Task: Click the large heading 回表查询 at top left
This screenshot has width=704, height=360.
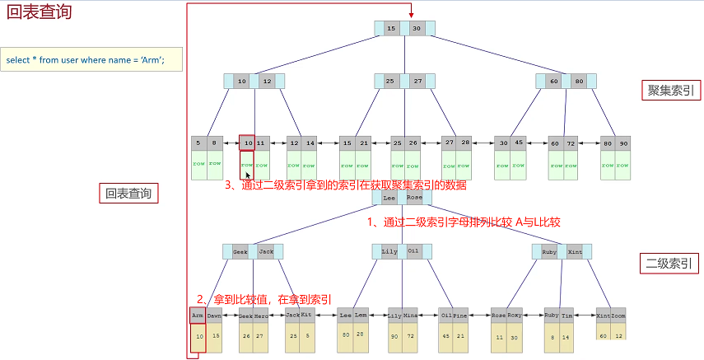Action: point(39,13)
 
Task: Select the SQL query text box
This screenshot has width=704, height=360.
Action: point(91,60)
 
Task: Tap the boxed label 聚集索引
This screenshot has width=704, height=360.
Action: point(670,91)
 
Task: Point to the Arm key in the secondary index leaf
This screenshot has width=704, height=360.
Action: point(198,316)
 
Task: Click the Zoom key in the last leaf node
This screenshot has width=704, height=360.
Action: point(619,316)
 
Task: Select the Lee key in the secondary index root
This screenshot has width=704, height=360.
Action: point(389,198)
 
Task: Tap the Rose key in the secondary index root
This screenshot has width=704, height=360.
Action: point(414,198)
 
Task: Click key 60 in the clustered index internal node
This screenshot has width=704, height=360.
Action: point(554,82)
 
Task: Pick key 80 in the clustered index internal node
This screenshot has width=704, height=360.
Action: point(579,82)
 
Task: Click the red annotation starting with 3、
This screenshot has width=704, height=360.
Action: point(346,185)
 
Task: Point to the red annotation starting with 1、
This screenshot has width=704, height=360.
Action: point(463,222)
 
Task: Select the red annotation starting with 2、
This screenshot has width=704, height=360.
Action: point(263,298)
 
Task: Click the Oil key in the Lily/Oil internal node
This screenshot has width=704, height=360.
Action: point(413,250)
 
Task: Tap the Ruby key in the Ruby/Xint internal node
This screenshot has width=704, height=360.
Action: point(549,250)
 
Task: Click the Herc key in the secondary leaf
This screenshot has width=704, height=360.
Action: point(261,316)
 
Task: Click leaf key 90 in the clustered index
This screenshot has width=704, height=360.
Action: point(623,143)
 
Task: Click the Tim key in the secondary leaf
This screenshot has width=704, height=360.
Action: point(567,316)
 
